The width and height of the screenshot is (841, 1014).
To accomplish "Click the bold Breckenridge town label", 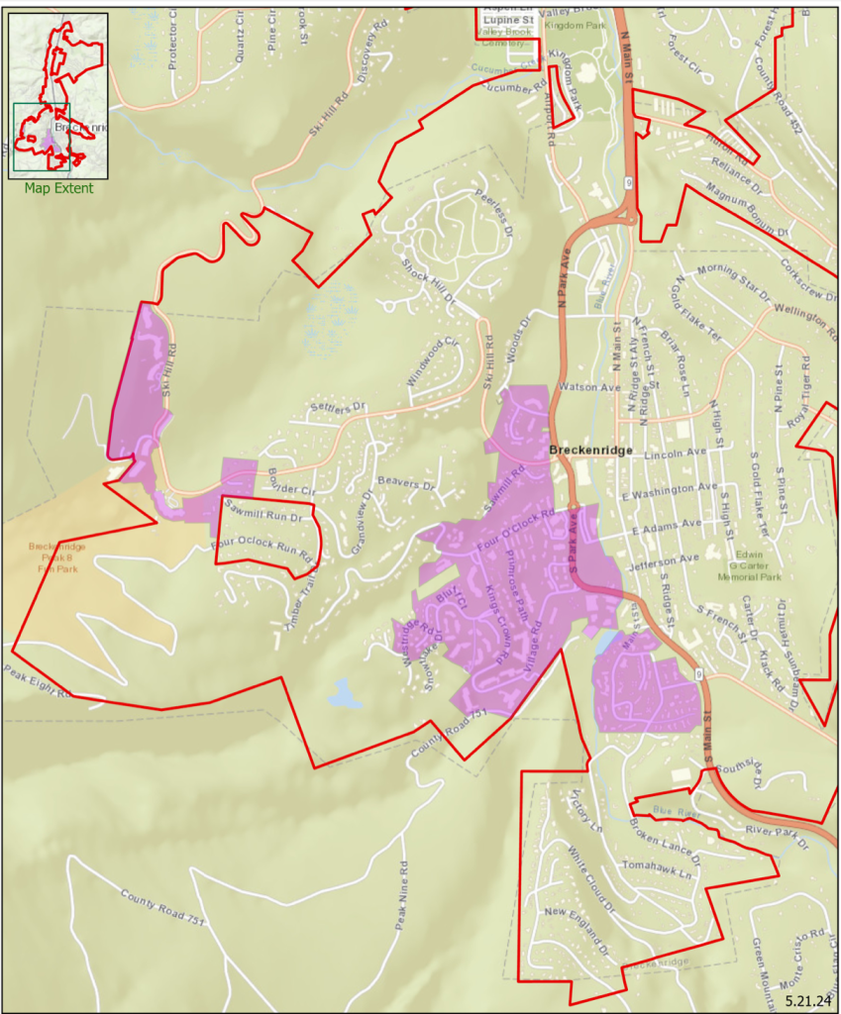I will click(590, 451).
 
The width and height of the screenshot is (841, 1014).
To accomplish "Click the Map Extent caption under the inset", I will click(59, 188).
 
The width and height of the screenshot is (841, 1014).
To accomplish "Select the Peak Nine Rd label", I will click(403, 893).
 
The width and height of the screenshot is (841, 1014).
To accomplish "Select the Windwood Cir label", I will click(434, 361).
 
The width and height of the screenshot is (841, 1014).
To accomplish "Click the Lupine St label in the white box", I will click(508, 19).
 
